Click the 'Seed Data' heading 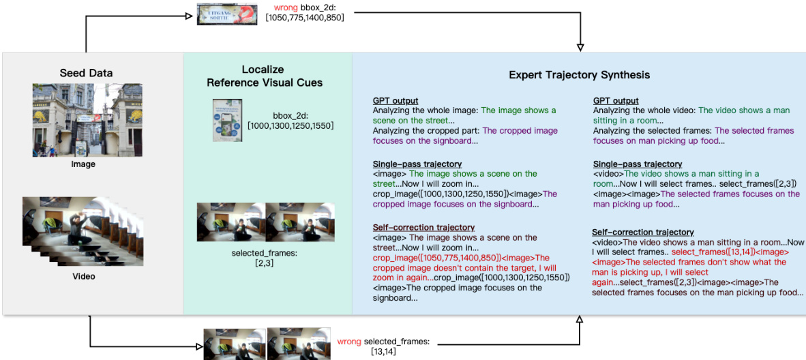(86, 73)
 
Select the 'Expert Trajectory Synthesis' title (579, 74)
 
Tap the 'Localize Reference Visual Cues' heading (265, 76)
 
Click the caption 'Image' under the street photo (83, 164)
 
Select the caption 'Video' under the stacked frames (84, 276)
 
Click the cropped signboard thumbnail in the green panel (227, 121)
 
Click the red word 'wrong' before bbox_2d (286, 7)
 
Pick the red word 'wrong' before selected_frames (349, 341)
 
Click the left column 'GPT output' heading (395, 101)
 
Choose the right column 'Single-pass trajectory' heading (637, 164)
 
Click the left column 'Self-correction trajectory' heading (423, 227)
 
